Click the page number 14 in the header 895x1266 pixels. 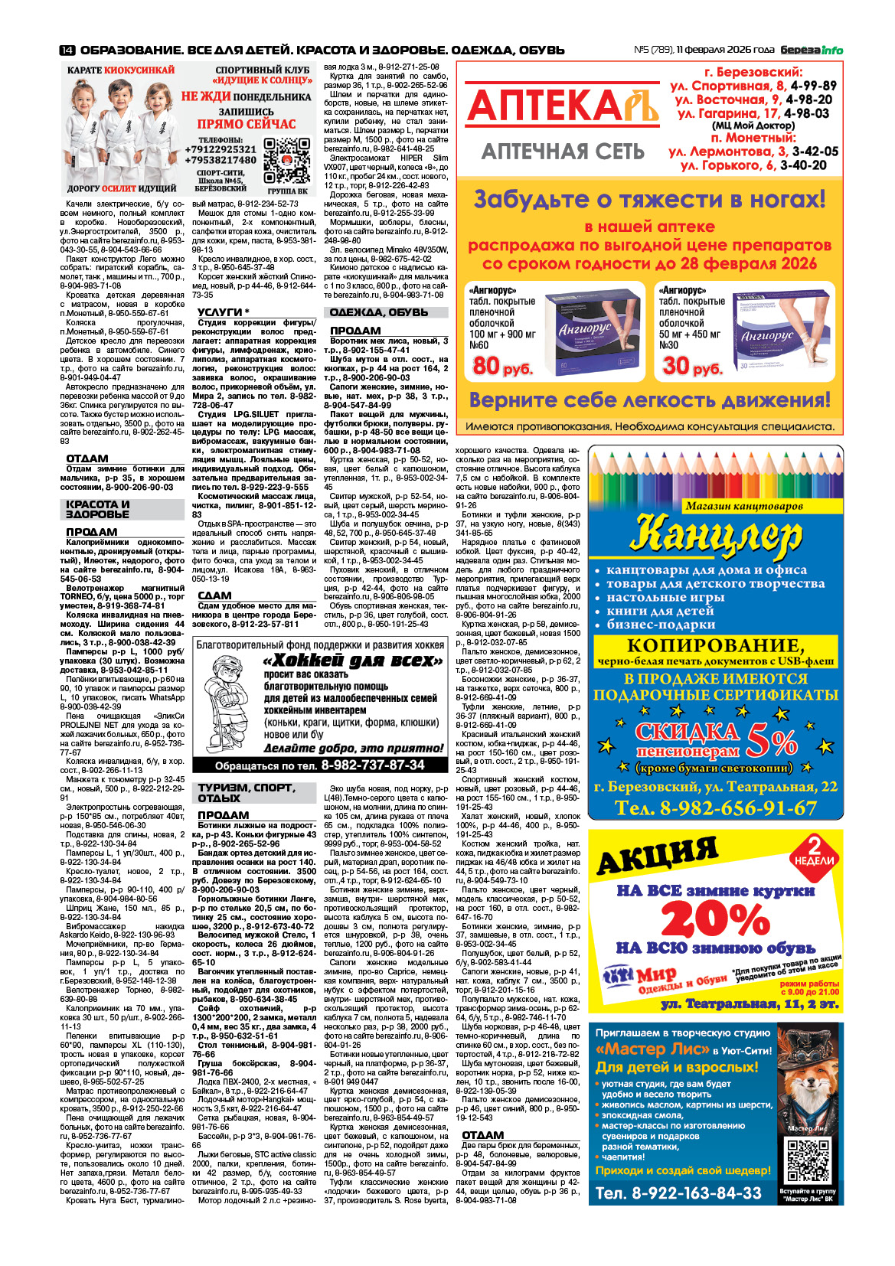67,51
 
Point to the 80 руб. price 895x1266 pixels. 502,367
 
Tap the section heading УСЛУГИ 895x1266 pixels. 223,312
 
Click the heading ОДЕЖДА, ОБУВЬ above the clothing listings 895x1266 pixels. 378,313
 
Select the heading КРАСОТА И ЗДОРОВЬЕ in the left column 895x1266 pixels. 98,509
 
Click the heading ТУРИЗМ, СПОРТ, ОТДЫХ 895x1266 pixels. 246,792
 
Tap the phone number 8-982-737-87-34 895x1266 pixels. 372,765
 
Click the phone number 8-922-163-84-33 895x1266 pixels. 678,1193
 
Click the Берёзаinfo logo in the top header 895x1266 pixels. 812,51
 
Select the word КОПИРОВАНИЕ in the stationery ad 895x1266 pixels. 715,645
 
